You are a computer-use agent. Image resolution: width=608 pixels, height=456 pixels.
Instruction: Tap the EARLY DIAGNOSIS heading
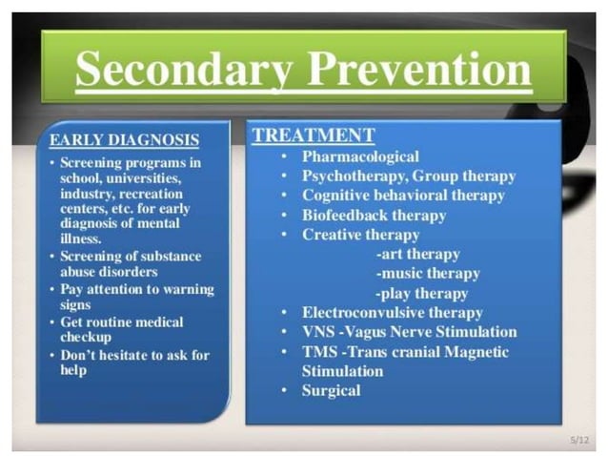pyautogui.click(x=124, y=140)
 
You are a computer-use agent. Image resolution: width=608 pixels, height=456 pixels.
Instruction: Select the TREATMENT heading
pyautogui.click(x=314, y=135)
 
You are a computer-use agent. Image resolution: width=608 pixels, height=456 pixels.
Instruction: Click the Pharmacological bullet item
pyautogui.click(x=360, y=156)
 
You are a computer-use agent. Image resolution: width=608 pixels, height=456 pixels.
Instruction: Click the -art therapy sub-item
pyautogui.click(x=418, y=254)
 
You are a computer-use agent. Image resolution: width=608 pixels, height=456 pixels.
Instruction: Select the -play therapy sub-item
pyautogui.click(x=422, y=293)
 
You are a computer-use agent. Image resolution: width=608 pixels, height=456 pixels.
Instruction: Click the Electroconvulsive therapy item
pyautogui.click(x=392, y=312)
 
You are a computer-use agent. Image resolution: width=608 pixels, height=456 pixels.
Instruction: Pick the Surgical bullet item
pyautogui.click(x=332, y=390)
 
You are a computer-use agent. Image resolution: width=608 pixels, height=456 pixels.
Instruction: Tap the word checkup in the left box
pyautogui.click(x=87, y=337)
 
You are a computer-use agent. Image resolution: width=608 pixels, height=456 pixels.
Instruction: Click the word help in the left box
pyautogui.click(x=73, y=370)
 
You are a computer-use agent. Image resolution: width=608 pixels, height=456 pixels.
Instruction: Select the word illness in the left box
pyautogui.click(x=80, y=238)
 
